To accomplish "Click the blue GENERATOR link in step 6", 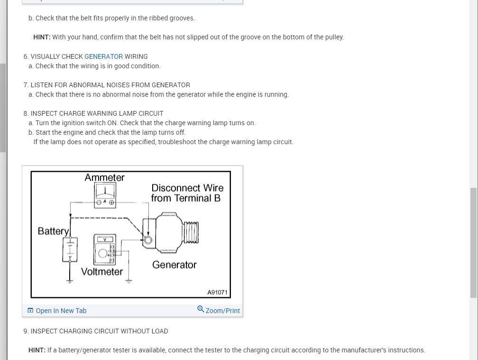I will [x=103, y=56].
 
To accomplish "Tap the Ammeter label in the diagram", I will [x=104, y=177].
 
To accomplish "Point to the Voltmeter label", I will [x=102, y=272].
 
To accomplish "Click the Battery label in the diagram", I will [x=54, y=231].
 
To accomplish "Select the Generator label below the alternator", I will [x=174, y=265].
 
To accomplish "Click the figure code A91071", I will [x=218, y=292].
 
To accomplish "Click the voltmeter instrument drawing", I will [x=104, y=249].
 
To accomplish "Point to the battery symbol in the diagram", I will [x=70, y=249].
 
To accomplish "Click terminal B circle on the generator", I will [x=148, y=240].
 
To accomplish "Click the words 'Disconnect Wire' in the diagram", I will [x=187, y=188].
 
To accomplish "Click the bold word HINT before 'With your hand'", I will [x=42, y=37].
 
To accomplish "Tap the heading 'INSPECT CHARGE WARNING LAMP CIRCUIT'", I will [x=97, y=113].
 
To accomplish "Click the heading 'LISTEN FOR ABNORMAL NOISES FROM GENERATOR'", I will [x=110, y=85].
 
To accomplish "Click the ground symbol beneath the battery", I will [x=70, y=281].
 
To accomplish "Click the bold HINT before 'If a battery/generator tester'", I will [x=37, y=350].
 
